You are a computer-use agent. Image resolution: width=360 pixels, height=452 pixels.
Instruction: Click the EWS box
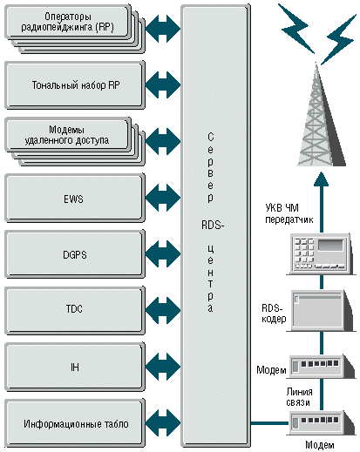point(75,199)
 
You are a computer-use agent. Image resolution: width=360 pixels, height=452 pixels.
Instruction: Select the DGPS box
point(75,254)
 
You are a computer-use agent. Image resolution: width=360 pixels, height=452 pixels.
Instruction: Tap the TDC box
point(75,311)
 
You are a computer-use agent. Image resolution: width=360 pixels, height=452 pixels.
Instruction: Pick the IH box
point(75,367)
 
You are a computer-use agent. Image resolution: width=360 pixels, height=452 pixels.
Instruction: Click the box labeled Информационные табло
point(75,423)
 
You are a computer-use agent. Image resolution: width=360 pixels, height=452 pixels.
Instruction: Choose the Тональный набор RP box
point(75,85)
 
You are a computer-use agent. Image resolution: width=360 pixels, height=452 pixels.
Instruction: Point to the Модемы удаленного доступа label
point(66,135)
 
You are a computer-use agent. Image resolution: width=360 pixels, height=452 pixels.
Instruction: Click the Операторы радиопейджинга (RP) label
point(67,22)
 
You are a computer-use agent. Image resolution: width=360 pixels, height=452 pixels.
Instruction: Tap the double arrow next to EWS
point(163,198)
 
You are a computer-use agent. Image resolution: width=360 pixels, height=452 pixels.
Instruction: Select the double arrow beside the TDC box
point(163,310)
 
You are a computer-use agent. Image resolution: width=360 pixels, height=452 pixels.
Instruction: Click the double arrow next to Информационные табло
point(163,423)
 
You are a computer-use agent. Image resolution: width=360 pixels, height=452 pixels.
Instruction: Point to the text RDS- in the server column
point(213,225)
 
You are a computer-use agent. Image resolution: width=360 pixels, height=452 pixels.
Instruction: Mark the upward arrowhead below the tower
point(322,179)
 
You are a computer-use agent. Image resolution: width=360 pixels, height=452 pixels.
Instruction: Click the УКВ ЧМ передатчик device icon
point(321,254)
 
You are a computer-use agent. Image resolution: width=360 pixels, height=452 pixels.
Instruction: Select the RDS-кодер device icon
point(321,310)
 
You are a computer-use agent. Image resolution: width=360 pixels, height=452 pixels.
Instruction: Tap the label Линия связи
point(299,397)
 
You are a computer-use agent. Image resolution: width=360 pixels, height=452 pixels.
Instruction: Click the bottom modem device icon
point(321,423)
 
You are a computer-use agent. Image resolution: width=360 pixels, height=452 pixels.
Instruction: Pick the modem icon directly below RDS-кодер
point(321,367)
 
